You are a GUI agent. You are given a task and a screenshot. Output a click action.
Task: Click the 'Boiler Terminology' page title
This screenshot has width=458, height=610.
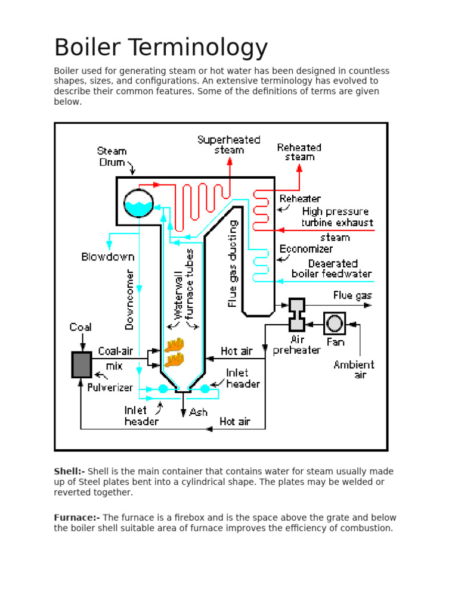(x=161, y=48)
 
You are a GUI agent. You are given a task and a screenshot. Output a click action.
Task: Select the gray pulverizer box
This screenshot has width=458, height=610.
(x=82, y=365)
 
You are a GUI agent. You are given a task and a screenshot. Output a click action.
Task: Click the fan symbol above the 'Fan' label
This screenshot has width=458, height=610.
(x=335, y=323)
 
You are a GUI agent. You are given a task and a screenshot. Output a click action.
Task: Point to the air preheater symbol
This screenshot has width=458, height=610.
(x=296, y=315)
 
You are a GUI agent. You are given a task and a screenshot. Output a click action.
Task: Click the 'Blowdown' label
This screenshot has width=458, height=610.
(x=108, y=257)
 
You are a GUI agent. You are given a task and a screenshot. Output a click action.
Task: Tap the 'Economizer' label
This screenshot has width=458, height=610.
(x=307, y=249)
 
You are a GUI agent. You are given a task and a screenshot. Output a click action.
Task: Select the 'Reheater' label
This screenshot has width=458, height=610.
(x=300, y=198)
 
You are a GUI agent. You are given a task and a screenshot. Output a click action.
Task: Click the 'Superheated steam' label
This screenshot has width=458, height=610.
(x=229, y=145)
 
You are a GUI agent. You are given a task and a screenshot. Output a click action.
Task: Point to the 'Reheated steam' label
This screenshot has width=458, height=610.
(x=299, y=152)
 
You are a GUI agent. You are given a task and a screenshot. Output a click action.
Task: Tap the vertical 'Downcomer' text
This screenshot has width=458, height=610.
(x=129, y=298)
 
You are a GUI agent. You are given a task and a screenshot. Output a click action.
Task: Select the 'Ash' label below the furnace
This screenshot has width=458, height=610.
(x=198, y=412)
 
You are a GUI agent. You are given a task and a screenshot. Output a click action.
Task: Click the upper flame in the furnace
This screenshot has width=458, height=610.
(x=174, y=345)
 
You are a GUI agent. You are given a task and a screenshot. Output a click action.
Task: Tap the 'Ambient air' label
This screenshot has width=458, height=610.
(x=354, y=369)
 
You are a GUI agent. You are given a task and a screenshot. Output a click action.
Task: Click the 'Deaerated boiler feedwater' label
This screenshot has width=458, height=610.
(x=332, y=269)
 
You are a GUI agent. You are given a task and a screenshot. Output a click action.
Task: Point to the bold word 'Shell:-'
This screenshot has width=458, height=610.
(x=70, y=471)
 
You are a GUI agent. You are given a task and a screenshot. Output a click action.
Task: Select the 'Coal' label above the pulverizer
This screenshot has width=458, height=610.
(x=81, y=327)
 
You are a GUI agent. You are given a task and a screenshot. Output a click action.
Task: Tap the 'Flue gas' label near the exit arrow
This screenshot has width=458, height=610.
(x=352, y=295)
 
